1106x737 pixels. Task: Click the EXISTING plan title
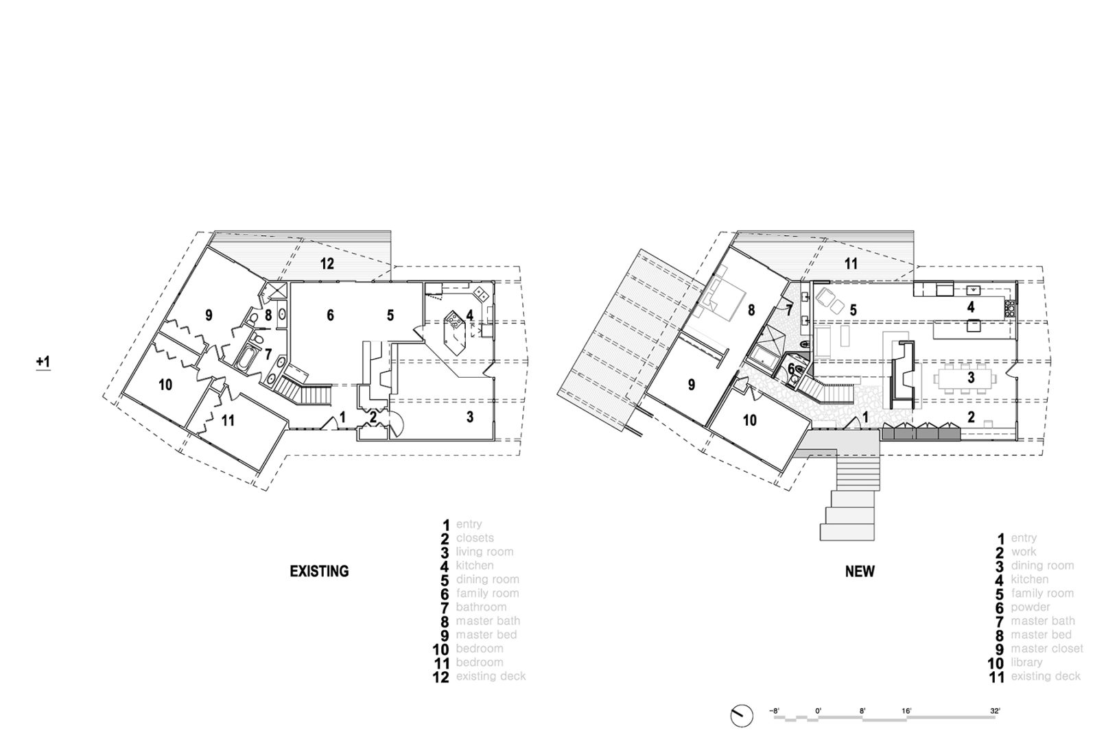tap(319, 571)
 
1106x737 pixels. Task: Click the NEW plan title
tap(860, 571)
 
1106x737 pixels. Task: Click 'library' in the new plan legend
tap(1026, 662)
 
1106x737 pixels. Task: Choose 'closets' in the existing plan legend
tap(475, 538)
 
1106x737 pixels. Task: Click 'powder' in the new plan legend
tap(1030, 607)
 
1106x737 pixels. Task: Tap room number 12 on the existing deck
tap(327, 263)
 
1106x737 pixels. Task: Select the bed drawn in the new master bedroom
tap(724, 300)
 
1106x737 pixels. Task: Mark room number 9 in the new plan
tap(691, 385)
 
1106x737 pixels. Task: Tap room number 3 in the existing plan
tap(470, 417)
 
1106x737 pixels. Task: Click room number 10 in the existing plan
tap(165, 385)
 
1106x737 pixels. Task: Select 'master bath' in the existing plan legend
tap(488, 621)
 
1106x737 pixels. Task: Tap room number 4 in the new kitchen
tap(971, 307)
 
